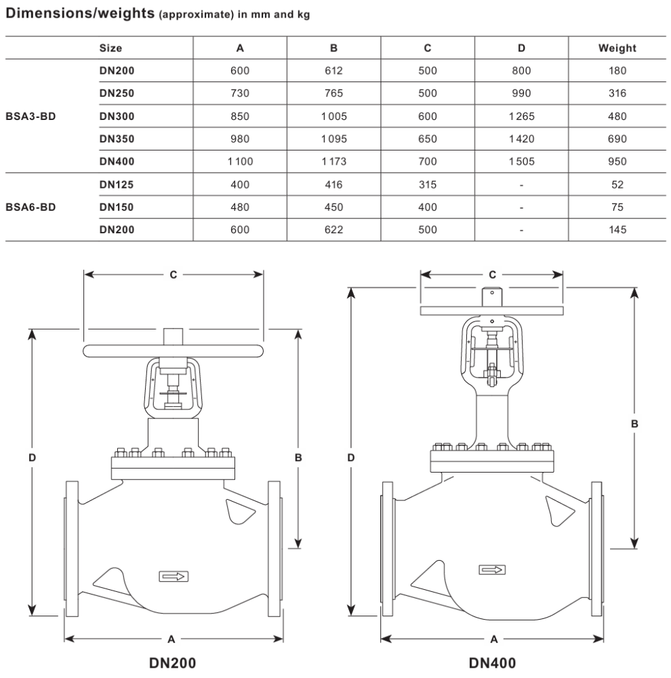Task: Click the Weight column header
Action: tap(617, 48)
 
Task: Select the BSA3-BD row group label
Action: tap(30, 117)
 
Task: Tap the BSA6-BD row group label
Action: tap(30, 207)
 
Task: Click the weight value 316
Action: tap(617, 93)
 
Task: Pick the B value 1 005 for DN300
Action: tap(333, 117)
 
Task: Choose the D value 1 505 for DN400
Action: tap(521, 161)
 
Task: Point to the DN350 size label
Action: tap(117, 139)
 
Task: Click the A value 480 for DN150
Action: tap(240, 207)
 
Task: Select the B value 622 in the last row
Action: tap(333, 230)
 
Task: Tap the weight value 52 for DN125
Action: tap(617, 184)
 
